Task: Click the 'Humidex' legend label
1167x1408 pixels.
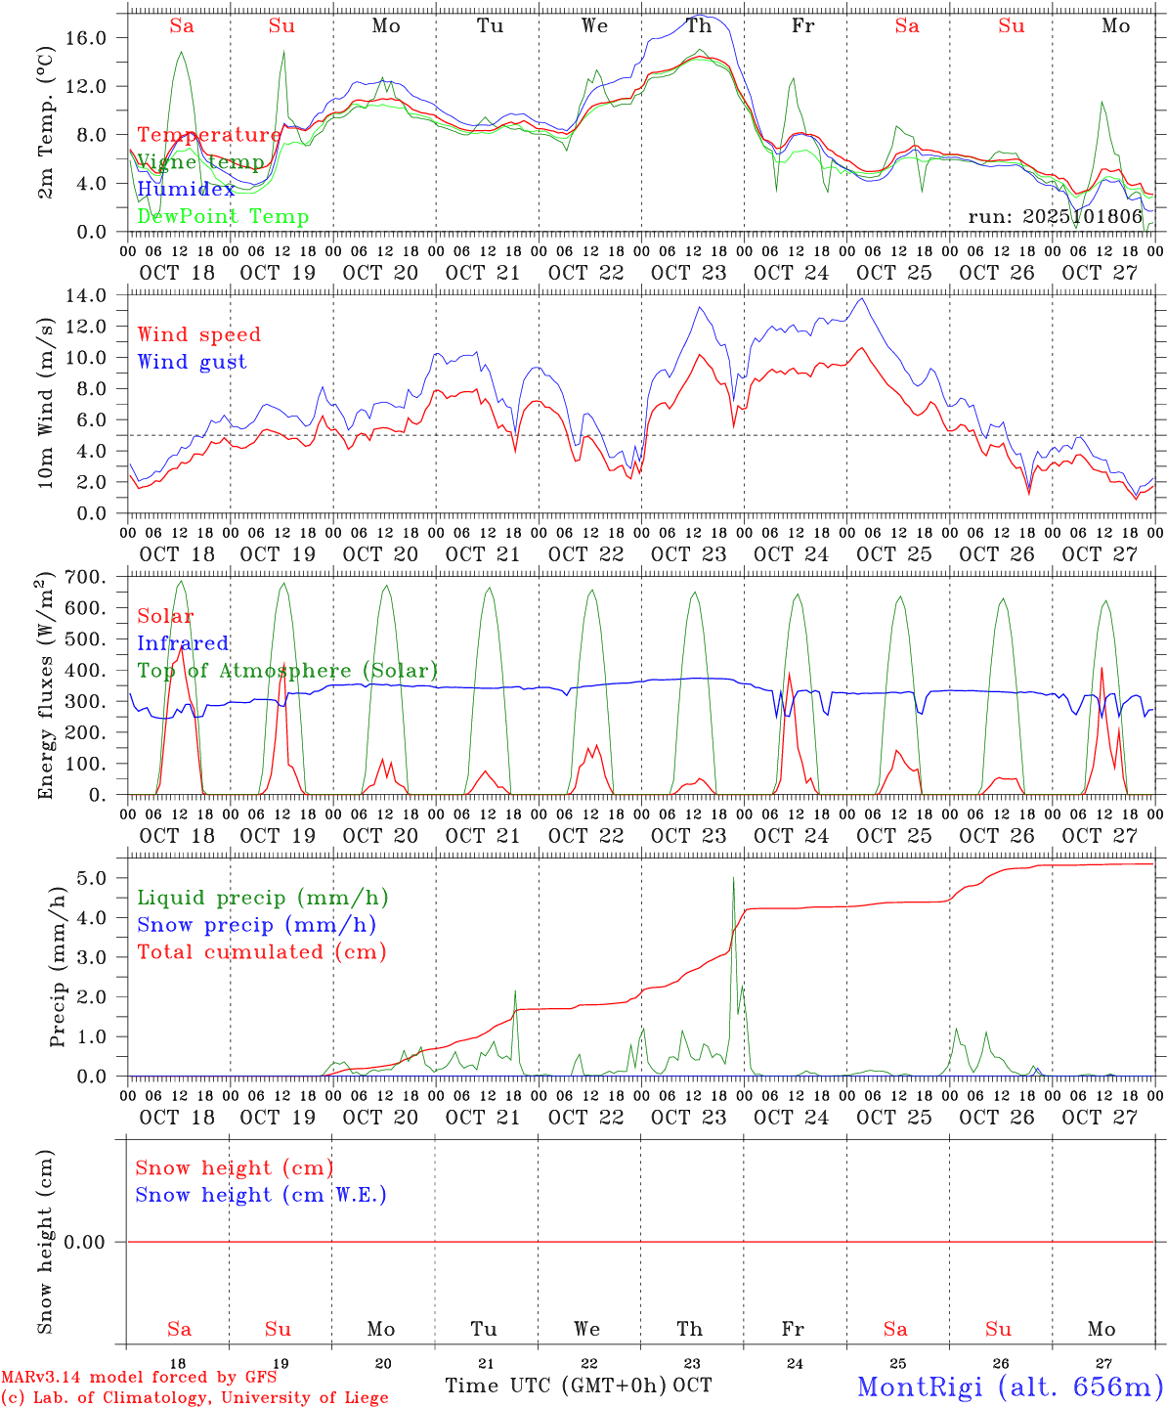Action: coord(186,189)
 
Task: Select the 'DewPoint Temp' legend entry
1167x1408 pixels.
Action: coord(223,216)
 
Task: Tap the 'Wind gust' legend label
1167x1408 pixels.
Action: coord(192,362)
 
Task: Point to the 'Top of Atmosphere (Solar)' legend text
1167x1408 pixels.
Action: coord(287,671)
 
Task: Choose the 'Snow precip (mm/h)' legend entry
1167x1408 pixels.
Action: coord(256,925)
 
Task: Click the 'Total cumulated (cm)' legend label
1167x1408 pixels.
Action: coord(262,951)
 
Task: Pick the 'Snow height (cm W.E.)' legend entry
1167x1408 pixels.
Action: coord(261,1195)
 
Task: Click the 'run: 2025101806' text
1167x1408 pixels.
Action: coord(1055,216)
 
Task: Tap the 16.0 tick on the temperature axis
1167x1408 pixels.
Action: coord(96,37)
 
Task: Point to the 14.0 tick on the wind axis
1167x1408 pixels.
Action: coord(96,295)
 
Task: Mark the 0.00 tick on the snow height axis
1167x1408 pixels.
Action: coord(95,1242)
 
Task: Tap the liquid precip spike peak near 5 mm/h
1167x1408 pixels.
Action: coord(733,878)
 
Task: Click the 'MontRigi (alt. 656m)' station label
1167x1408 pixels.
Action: coord(1010,1386)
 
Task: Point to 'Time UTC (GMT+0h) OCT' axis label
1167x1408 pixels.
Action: coord(578,1386)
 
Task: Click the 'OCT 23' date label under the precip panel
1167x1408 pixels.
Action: coord(689,1117)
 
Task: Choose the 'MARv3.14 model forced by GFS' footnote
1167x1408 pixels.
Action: coord(139,1378)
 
